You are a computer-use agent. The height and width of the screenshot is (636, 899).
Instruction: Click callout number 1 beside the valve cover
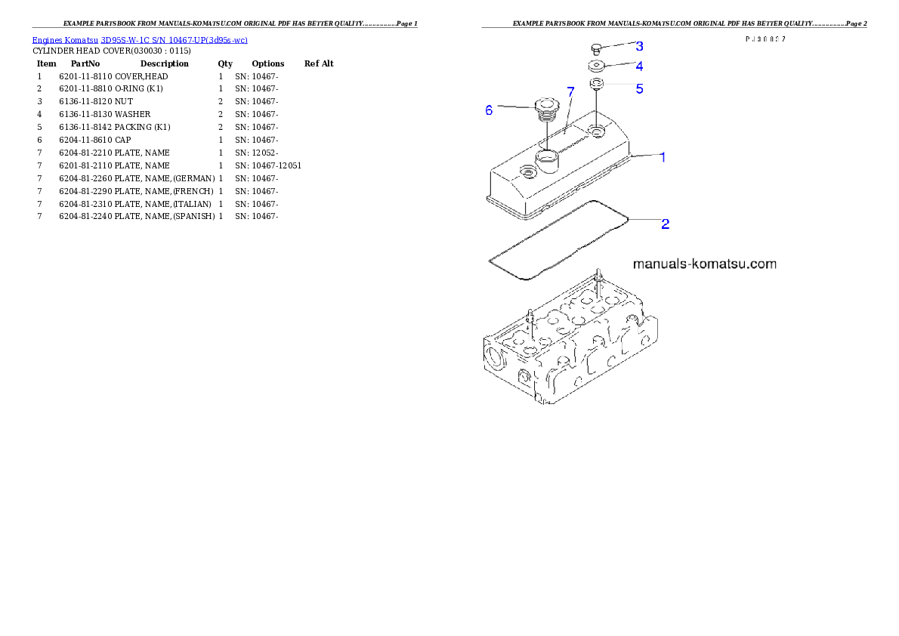pyautogui.click(x=663, y=157)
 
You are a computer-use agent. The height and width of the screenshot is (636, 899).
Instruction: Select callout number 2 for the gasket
pyautogui.click(x=665, y=224)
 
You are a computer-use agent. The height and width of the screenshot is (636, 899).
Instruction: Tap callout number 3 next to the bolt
pyautogui.click(x=639, y=46)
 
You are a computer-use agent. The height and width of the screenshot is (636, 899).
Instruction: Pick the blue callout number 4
pyautogui.click(x=639, y=66)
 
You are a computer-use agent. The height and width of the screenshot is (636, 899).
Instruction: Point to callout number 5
pyautogui.click(x=639, y=88)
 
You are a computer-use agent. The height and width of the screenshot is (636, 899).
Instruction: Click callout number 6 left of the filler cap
pyautogui.click(x=489, y=110)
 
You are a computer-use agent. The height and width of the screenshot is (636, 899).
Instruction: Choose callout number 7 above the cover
pyautogui.click(x=570, y=91)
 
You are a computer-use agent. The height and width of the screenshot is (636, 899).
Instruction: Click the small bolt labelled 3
pyautogui.click(x=595, y=49)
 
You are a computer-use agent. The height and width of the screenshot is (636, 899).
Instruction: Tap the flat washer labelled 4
pyautogui.click(x=596, y=66)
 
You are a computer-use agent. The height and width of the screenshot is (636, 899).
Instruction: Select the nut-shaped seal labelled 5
pyautogui.click(x=596, y=83)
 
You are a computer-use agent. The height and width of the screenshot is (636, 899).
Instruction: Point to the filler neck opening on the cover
pyautogui.click(x=546, y=156)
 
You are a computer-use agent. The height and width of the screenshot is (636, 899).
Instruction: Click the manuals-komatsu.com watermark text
pyautogui.click(x=704, y=264)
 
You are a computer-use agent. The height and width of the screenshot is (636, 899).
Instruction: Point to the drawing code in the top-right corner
pyautogui.click(x=765, y=39)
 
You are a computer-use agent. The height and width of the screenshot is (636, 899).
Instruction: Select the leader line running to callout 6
pyautogui.click(x=515, y=107)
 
